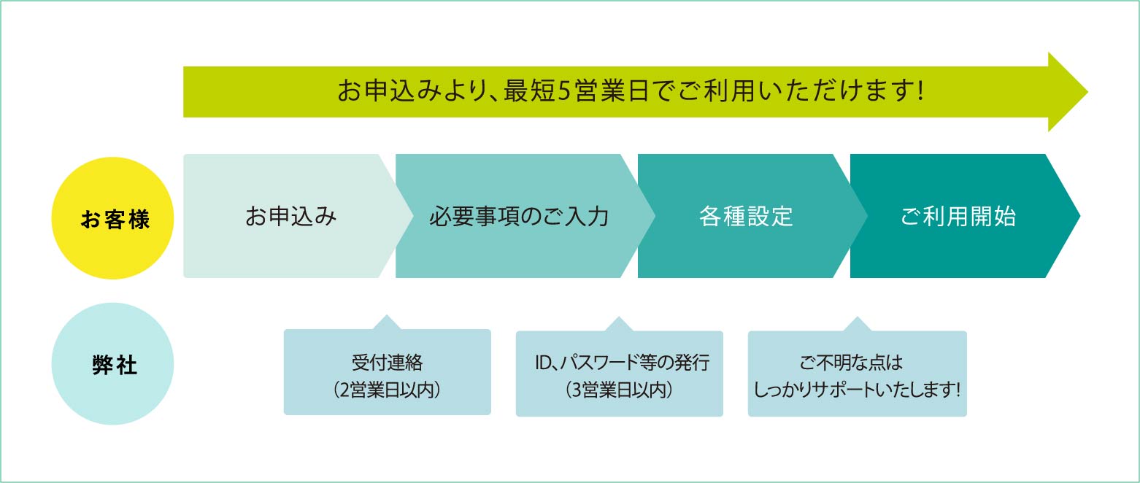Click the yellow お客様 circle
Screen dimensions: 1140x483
tap(112, 218)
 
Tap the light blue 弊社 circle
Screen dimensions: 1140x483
tap(112, 364)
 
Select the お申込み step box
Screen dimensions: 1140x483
tap(290, 216)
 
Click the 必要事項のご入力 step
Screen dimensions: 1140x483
tap(519, 216)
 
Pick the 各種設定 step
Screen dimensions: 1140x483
tap(746, 216)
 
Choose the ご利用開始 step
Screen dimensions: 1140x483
tap(958, 216)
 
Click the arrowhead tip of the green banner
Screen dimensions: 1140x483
tap(1087, 92)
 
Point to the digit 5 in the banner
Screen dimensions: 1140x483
tap(564, 92)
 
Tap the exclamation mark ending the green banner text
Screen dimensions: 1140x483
tap(920, 92)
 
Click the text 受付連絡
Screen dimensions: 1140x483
tap(388, 363)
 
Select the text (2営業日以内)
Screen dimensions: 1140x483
tap(388, 390)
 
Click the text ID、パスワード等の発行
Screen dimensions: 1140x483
tap(623, 363)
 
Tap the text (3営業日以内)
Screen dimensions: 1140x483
tap(620, 390)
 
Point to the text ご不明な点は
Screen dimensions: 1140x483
tap(851, 363)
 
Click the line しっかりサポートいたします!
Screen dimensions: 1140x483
tap(857, 390)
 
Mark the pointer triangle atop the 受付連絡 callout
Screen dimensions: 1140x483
tap(387, 322)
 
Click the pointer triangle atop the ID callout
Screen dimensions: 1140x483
tap(619, 324)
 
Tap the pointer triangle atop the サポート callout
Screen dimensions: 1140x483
tap(857, 324)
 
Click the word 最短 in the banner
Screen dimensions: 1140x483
tap(529, 92)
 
